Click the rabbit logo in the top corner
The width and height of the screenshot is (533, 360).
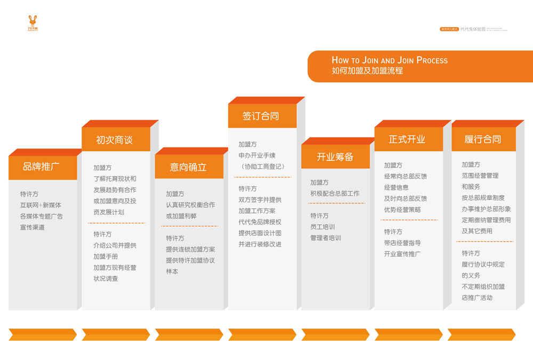(33, 23)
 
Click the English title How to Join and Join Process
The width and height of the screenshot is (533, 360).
(390, 60)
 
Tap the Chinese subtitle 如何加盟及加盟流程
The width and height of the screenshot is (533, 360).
(367, 70)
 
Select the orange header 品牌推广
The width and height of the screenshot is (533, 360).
(41, 167)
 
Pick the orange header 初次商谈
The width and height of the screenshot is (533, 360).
(114, 140)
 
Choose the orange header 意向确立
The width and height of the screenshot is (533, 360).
(188, 167)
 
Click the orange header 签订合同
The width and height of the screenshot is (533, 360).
(261, 116)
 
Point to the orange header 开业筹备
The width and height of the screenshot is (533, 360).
(335, 157)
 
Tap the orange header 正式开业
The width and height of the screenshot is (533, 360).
(407, 140)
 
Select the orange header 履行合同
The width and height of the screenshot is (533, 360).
(482, 140)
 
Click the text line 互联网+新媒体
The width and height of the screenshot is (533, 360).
(41, 205)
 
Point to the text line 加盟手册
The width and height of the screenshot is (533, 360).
(106, 256)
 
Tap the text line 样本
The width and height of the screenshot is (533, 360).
(172, 272)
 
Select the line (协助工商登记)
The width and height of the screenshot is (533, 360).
(262, 167)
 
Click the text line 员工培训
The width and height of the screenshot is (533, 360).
(322, 227)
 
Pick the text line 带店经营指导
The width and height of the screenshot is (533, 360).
(402, 243)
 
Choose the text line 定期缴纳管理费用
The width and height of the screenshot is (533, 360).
(486, 220)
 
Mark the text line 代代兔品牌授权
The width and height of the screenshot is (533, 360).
(260, 222)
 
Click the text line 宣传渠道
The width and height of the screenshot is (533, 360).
(33, 227)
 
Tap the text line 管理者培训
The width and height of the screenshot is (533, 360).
(326, 238)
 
